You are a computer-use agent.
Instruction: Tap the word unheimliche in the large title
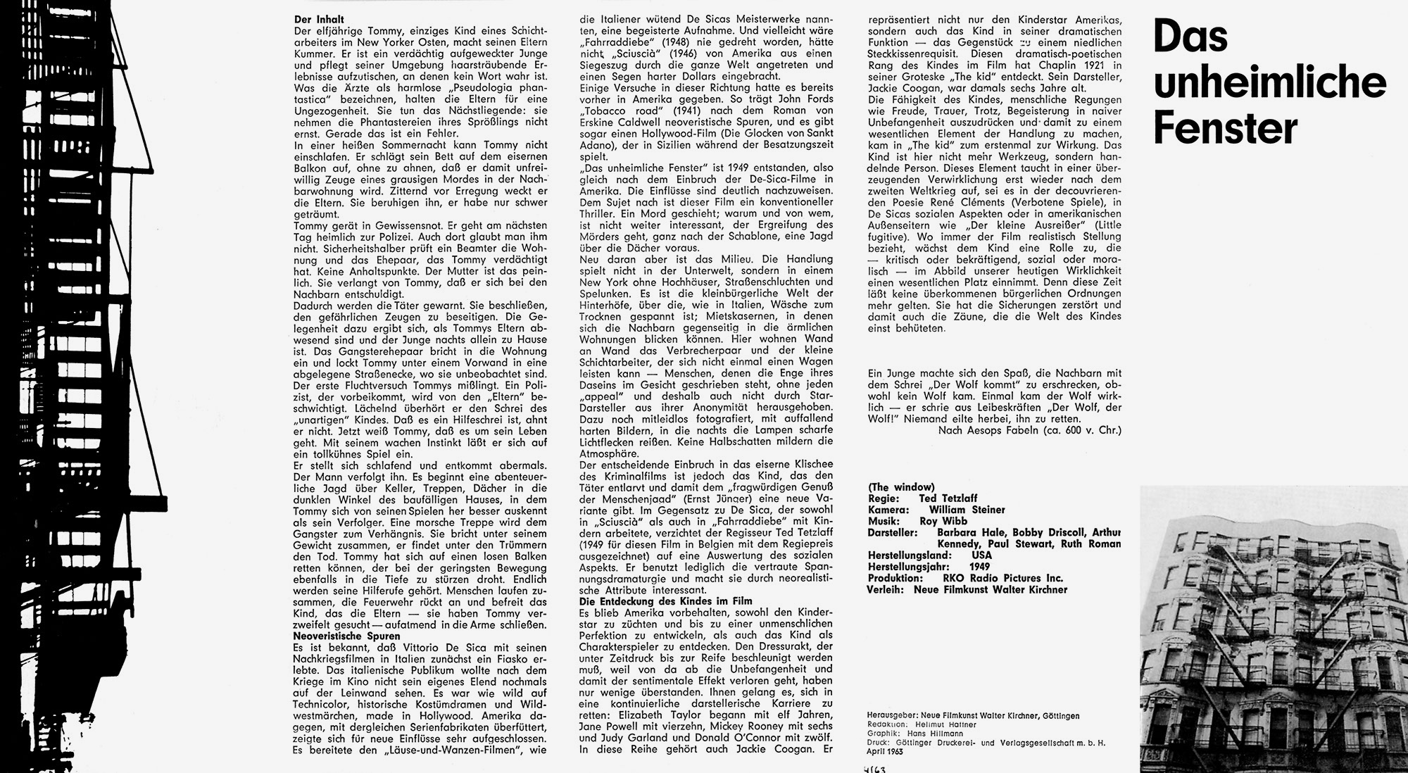1269,82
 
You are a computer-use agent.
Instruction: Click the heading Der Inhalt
319,20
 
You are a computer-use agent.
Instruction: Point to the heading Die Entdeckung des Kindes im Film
665,601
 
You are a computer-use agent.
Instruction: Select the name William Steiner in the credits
967,510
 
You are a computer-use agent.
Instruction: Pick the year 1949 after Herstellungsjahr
979,567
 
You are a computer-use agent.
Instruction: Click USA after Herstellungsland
981,555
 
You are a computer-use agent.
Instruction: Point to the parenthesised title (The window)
901,487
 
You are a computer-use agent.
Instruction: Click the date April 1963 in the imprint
885,750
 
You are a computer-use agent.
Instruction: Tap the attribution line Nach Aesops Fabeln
1030,429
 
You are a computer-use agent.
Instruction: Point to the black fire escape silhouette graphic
77,386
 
